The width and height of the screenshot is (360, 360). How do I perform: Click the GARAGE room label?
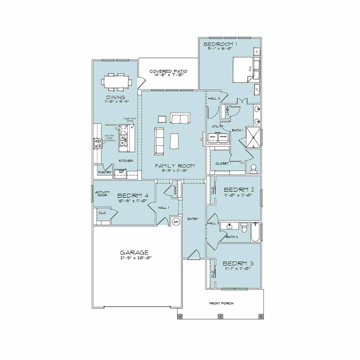coord(134,253)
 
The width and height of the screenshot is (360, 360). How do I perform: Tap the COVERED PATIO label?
coord(168,71)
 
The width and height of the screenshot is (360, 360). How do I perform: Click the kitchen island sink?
coord(123,138)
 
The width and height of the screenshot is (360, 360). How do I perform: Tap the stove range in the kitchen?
coord(98,143)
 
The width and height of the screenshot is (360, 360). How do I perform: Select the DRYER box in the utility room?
coord(212,137)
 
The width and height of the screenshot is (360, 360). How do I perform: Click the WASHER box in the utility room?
coord(223,137)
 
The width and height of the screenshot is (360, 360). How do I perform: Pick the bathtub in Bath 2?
coord(255,232)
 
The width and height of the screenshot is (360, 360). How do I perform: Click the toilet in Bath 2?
coord(244,228)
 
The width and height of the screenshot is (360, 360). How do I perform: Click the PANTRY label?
coord(105,172)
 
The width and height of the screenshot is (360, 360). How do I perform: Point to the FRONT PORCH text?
coord(221,304)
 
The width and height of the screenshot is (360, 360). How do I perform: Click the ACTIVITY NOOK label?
coord(102,193)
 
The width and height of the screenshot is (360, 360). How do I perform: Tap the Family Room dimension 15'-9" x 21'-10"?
coord(175,170)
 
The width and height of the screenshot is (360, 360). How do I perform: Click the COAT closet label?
coord(175,190)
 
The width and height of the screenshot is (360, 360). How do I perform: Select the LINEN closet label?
coord(227,111)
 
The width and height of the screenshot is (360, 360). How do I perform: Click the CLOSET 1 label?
coord(223,163)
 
